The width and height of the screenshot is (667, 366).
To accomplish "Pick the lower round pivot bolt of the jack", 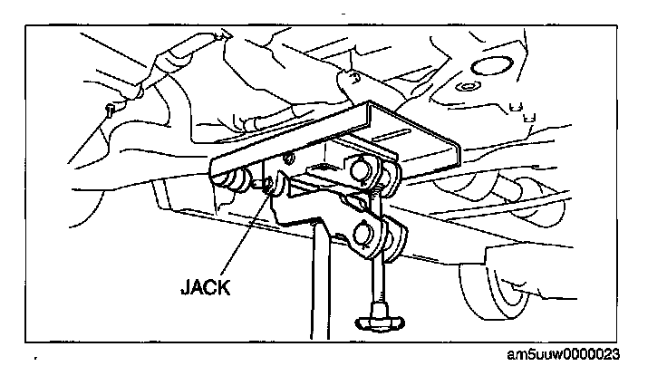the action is [x=368, y=237].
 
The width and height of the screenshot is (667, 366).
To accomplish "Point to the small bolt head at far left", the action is [x=109, y=110].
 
